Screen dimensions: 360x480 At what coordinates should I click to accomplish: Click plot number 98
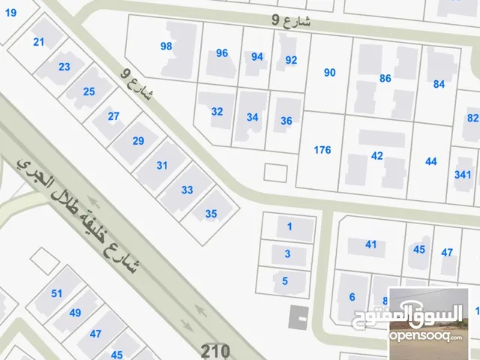[166, 46]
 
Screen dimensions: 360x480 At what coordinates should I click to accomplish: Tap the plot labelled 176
[322, 150]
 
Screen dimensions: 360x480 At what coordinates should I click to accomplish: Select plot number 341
[463, 175]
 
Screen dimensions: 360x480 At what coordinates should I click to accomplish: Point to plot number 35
[211, 214]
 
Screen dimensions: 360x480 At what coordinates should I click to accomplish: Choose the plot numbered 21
[39, 43]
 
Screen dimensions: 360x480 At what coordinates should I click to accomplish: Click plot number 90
[329, 72]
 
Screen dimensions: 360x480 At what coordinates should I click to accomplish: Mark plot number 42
[377, 156]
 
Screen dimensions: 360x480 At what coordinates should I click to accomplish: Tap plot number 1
[289, 226]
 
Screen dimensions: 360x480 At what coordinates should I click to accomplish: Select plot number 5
[285, 281]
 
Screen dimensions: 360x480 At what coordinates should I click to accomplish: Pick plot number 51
[56, 293]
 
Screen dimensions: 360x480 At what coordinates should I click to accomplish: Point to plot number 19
[10, 12]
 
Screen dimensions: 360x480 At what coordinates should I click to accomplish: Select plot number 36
[286, 121]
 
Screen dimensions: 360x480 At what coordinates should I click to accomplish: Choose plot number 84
[439, 84]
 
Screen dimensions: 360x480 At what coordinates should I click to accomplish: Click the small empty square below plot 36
[275, 172]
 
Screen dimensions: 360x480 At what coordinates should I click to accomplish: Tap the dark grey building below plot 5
[298, 316]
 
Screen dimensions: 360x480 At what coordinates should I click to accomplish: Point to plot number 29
[138, 141]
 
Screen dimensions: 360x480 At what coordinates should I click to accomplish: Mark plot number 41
[370, 244]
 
